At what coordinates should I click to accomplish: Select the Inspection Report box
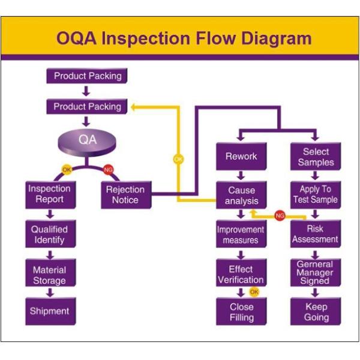click(x=49, y=194)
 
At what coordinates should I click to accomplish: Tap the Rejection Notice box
click(x=125, y=194)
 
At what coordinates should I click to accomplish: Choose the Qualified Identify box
click(x=49, y=235)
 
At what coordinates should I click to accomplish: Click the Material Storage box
click(x=49, y=275)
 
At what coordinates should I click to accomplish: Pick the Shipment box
click(x=49, y=311)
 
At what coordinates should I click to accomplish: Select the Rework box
click(x=241, y=157)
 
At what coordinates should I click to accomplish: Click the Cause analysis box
click(x=241, y=196)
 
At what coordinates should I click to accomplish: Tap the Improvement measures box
click(x=241, y=235)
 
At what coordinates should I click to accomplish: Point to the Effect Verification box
click(x=241, y=274)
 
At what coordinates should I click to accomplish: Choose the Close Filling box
click(x=241, y=312)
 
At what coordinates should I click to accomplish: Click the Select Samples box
click(x=316, y=157)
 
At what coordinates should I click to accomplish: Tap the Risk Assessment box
click(x=316, y=234)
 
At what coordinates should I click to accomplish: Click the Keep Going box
click(x=316, y=312)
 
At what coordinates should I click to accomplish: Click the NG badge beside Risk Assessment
click(x=280, y=215)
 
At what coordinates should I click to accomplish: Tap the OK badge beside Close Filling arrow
click(x=254, y=292)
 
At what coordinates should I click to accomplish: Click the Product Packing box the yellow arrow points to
click(x=87, y=107)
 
